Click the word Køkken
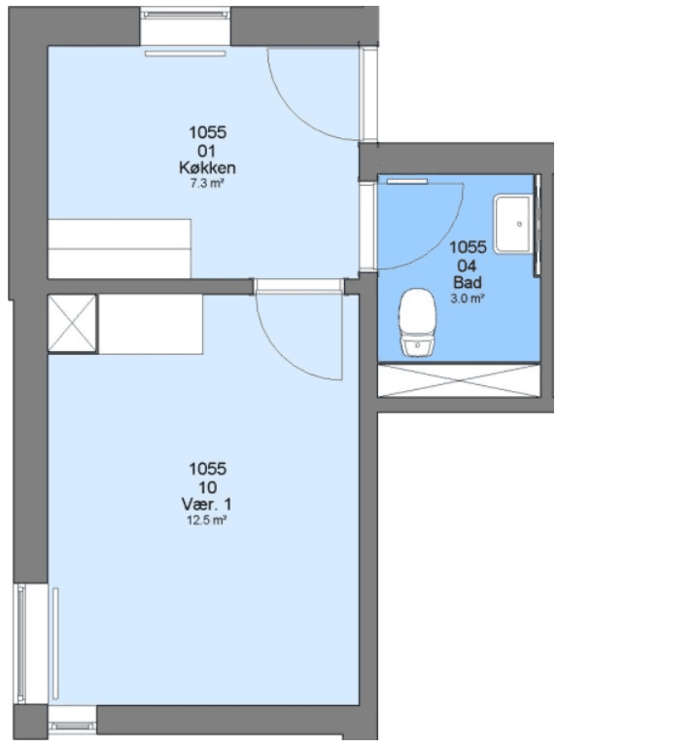click(x=207, y=167)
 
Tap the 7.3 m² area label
click(x=207, y=183)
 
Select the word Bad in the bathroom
click(x=468, y=282)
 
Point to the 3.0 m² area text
click(x=468, y=299)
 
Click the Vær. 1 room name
click(x=206, y=504)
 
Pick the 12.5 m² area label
click(x=206, y=520)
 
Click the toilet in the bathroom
click(x=418, y=322)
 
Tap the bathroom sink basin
click(x=513, y=224)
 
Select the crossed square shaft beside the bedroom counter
click(x=73, y=324)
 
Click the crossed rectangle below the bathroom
click(x=459, y=380)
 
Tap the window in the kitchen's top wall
click(x=186, y=15)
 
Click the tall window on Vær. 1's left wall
click(x=21, y=643)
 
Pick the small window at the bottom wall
click(x=73, y=726)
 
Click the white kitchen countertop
click(x=120, y=249)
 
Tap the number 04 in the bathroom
click(x=467, y=266)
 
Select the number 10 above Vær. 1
click(x=207, y=487)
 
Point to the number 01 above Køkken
click(x=207, y=151)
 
